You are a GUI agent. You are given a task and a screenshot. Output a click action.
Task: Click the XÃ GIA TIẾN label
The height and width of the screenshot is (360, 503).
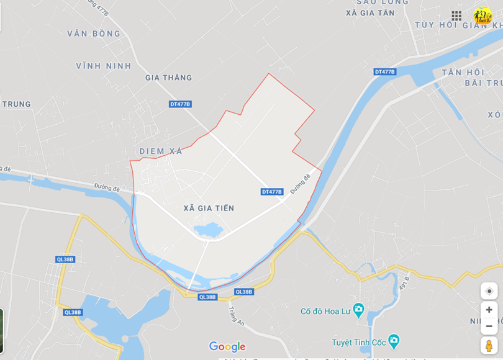pyautogui.click(x=209, y=208)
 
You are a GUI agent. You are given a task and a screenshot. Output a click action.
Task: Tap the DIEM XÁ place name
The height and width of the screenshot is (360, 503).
pyautogui.click(x=161, y=151)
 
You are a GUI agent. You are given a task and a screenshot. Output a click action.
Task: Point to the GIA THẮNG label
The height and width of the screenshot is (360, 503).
pyautogui.click(x=168, y=78)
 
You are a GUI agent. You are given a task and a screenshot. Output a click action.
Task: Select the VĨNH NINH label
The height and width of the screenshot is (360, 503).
pyautogui.click(x=104, y=66)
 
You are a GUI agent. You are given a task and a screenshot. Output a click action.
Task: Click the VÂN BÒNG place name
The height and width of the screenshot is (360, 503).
pyautogui.click(x=94, y=34)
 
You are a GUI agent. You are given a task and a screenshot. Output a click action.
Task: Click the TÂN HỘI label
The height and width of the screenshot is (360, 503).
pyautogui.click(x=463, y=72)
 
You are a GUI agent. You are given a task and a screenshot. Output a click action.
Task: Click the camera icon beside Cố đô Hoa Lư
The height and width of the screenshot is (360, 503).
pyautogui.click(x=358, y=310)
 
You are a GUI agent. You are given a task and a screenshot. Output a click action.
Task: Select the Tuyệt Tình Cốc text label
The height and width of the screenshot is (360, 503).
pyautogui.click(x=358, y=342)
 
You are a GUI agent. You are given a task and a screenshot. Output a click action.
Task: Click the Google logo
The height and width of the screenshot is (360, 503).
pyautogui.click(x=227, y=346)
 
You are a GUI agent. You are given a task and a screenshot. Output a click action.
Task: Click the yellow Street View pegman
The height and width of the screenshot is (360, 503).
pyautogui.click(x=489, y=345)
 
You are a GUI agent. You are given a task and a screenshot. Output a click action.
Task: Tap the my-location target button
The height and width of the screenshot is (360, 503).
pyautogui.click(x=489, y=291)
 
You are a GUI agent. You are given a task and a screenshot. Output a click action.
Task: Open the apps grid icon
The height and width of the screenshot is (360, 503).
pyautogui.click(x=456, y=16)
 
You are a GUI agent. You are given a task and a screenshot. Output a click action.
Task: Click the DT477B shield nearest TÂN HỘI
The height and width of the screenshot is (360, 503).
pyautogui.click(x=385, y=72)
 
